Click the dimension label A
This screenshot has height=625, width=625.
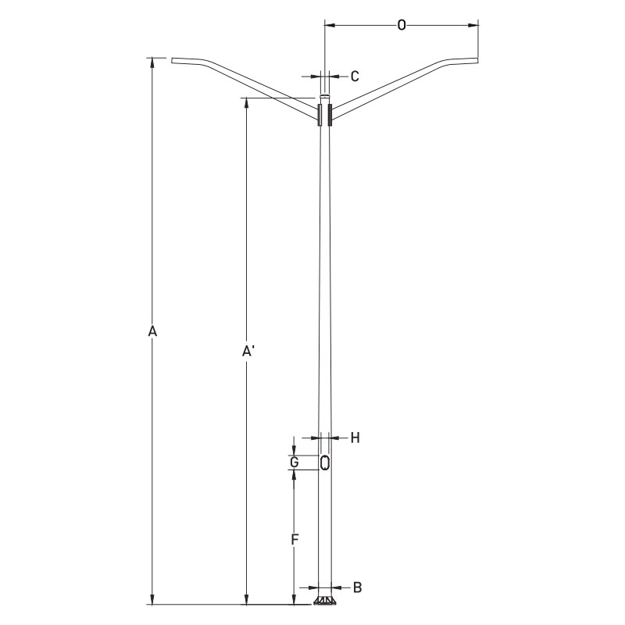153,332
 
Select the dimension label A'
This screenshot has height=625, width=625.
247,352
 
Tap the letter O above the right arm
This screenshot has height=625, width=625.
402,26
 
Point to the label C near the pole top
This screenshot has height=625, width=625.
354,76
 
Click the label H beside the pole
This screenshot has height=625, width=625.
354,438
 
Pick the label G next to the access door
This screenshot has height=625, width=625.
295,462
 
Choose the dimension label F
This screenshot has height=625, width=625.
295,539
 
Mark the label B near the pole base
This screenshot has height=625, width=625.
356,586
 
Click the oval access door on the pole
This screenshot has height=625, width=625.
325,462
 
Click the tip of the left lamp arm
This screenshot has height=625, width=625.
173,59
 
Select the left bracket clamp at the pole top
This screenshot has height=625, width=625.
319,115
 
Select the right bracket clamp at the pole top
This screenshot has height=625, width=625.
331,115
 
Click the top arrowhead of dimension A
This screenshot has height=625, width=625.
153,62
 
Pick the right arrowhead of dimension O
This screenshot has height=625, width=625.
473,26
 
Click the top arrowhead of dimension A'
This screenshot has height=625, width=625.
247,102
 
